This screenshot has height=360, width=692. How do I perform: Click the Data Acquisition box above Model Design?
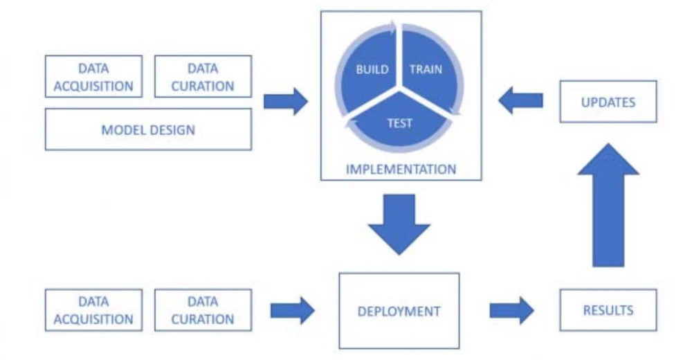pos(93,77)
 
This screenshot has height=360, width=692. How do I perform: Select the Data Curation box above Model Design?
pos(203,77)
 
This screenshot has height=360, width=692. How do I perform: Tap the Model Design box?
pos(148,129)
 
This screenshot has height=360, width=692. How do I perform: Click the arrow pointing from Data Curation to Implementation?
pos(285,102)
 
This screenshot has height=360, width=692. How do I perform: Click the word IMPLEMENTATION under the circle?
pos(401,169)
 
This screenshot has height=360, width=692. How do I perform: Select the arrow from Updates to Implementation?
pos(520,102)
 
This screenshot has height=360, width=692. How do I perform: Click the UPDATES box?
pos(608,102)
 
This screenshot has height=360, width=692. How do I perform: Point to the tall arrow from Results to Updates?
pos(608,208)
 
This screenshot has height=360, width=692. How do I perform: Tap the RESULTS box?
pos(608,310)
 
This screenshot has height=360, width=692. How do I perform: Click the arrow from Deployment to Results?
pos(511,310)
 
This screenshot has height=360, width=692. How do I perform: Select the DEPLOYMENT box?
pos(399,311)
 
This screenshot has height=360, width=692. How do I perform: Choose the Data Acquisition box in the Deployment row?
pos(93,310)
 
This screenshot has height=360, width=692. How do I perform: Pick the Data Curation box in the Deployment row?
pos(203,310)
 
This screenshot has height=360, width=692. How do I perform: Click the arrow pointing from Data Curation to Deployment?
pos(292,310)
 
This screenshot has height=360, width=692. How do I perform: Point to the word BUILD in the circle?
pos(372,69)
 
